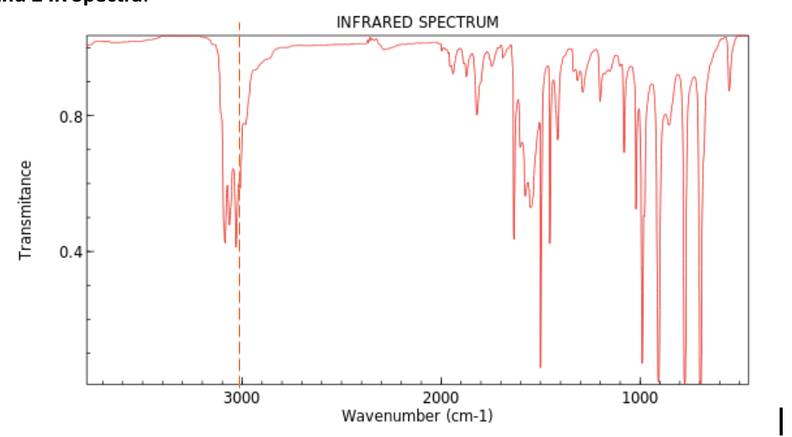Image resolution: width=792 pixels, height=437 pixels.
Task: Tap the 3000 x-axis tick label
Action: click(241, 398)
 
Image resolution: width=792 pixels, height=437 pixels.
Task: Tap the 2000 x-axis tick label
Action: click(441, 398)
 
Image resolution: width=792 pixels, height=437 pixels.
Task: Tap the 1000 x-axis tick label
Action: click(640, 398)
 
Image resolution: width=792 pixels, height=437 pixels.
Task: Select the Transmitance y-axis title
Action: click(26, 209)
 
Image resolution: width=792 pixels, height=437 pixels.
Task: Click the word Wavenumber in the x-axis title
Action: click(391, 416)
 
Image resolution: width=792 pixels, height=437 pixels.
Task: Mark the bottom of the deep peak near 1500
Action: click(540, 366)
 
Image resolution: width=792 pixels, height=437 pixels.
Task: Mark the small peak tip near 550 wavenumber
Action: click(728, 90)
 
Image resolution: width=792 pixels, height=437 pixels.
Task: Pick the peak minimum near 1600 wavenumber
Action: click(514, 238)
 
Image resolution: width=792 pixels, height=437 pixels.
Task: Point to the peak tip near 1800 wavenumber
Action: click(477, 114)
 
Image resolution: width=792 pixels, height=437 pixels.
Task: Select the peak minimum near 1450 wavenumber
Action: click(549, 243)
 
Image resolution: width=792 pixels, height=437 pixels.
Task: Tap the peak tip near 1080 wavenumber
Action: click(624, 151)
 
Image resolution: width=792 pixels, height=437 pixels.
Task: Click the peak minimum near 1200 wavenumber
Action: click(600, 100)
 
